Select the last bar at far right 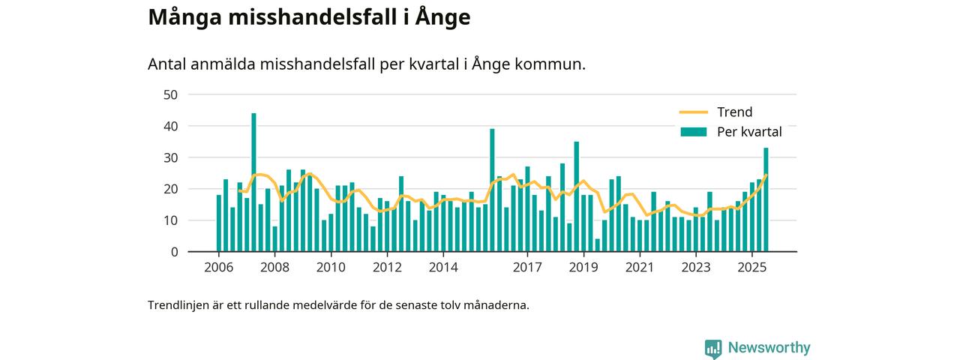pos(766,199)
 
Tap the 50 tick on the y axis pos(170,94)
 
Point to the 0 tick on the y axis pos(174,252)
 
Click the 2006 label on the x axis pos(218,267)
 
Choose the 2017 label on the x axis pos(527,267)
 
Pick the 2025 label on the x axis pos(751,267)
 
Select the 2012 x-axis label pos(387,267)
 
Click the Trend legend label pos(734,112)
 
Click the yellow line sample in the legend pos(694,112)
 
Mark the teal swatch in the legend pos(694,132)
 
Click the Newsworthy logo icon pos(713,348)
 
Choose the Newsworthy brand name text pos(768,348)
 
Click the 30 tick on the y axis pos(170,157)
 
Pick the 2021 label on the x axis pos(639,267)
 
